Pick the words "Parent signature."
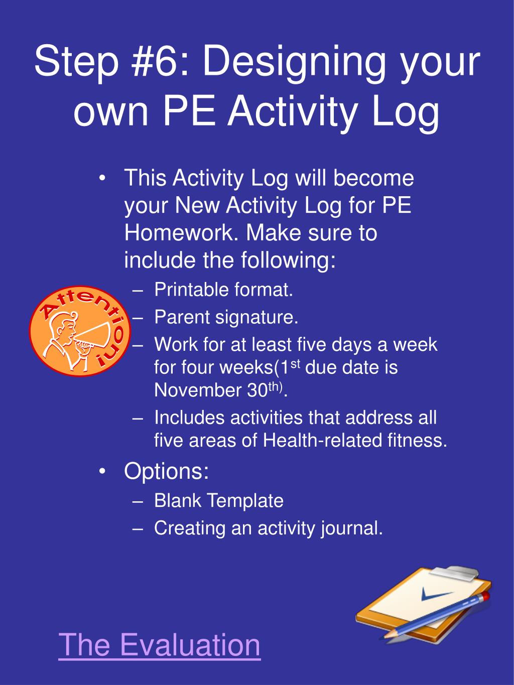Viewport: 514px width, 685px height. click(x=226, y=317)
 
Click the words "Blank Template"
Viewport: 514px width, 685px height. click(x=219, y=500)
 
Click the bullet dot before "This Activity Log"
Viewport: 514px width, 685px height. click(x=103, y=179)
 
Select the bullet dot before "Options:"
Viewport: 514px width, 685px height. click(x=103, y=471)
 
